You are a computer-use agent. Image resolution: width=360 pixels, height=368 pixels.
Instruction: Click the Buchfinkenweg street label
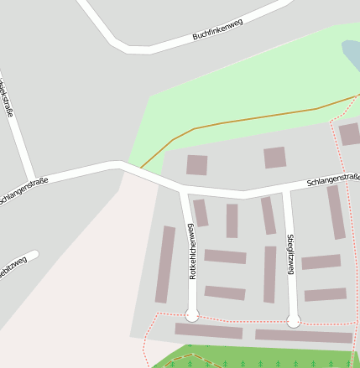tap(217, 29)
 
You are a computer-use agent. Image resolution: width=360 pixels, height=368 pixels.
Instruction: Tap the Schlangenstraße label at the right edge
tap(333, 179)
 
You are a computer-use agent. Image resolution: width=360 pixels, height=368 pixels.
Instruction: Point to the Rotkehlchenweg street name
tap(192, 251)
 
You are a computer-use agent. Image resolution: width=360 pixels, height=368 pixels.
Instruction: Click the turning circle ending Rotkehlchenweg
tap(192, 315)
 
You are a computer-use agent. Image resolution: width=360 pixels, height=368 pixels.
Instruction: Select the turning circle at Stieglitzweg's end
tap(294, 320)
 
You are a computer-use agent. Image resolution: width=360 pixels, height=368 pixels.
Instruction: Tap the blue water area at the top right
tap(352, 55)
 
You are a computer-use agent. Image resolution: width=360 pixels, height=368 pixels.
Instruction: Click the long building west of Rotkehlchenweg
tap(165, 264)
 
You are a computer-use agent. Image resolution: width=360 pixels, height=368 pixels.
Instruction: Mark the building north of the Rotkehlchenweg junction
tap(197, 164)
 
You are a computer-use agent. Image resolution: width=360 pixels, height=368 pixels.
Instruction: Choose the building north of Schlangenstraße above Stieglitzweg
tap(274, 158)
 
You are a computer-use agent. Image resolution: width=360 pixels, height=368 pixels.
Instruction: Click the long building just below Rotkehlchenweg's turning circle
tap(208, 331)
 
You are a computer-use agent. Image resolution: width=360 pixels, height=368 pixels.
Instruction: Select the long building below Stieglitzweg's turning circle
tap(303, 336)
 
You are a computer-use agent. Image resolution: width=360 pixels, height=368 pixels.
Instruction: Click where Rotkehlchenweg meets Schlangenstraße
tap(183, 189)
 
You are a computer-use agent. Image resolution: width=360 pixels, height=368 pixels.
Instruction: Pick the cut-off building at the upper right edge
tap(349, 134)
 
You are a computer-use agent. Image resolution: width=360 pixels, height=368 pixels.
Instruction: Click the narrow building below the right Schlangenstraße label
tap(336, 212)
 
